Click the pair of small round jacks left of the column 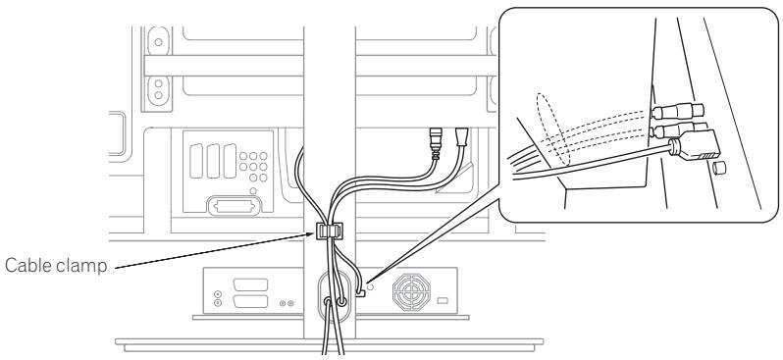286,303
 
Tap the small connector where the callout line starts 361,289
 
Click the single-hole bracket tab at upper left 156,44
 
